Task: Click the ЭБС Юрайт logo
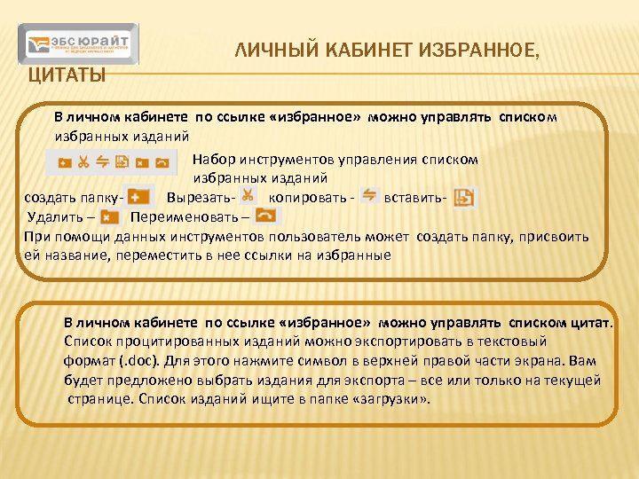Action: (x=79, y=44)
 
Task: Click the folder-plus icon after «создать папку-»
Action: (x=138, y=197)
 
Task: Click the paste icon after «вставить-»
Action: (x=463, y=197)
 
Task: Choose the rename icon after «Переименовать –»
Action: (x=264, y=216)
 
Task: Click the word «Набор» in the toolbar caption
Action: (x=213, y=160)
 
